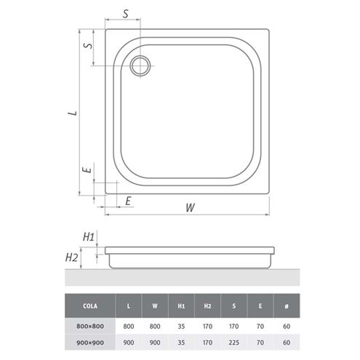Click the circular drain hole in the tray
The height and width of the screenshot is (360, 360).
pyautogui.click(x=140, y=65)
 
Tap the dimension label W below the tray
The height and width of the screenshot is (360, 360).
pyautogui.click(x=190, y=208)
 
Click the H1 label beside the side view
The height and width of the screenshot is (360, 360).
pyautogui.click(x=89, y=236)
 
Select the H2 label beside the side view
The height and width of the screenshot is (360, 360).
pyautogui.click(x=71, y=257)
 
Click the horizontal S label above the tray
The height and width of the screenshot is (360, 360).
pyautogui.click(x=125, y=14)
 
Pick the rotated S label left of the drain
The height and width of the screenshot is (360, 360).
pyautogui.click(x=88, y=45)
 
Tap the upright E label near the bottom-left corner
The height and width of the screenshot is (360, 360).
pyautogui.click(x=128, y=201)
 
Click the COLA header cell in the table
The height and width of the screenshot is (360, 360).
pyautogui.click(x=90, y=306)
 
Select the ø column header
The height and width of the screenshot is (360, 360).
pyautogui.click(x=287, y=306)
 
